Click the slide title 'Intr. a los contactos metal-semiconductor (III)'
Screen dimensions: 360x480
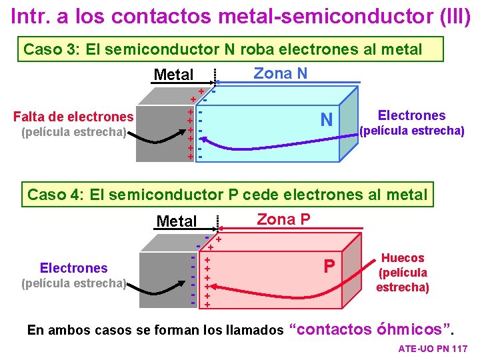240,15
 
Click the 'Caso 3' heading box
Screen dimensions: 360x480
223,49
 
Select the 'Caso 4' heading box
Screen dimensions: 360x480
227,195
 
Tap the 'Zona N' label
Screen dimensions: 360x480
281,73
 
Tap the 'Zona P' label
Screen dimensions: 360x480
283,219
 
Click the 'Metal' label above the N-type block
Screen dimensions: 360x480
173,75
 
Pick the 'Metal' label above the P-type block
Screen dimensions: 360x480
177,221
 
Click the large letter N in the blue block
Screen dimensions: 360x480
326,120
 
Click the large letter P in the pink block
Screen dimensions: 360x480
329,266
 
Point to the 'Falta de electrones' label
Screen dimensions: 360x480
73,117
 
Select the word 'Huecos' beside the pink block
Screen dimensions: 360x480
403,258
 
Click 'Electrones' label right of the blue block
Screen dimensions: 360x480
411,115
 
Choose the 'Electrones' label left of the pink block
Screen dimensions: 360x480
73,268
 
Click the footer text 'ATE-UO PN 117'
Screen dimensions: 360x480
433,349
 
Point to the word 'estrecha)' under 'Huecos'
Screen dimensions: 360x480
403,287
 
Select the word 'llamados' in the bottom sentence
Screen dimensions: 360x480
257,330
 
